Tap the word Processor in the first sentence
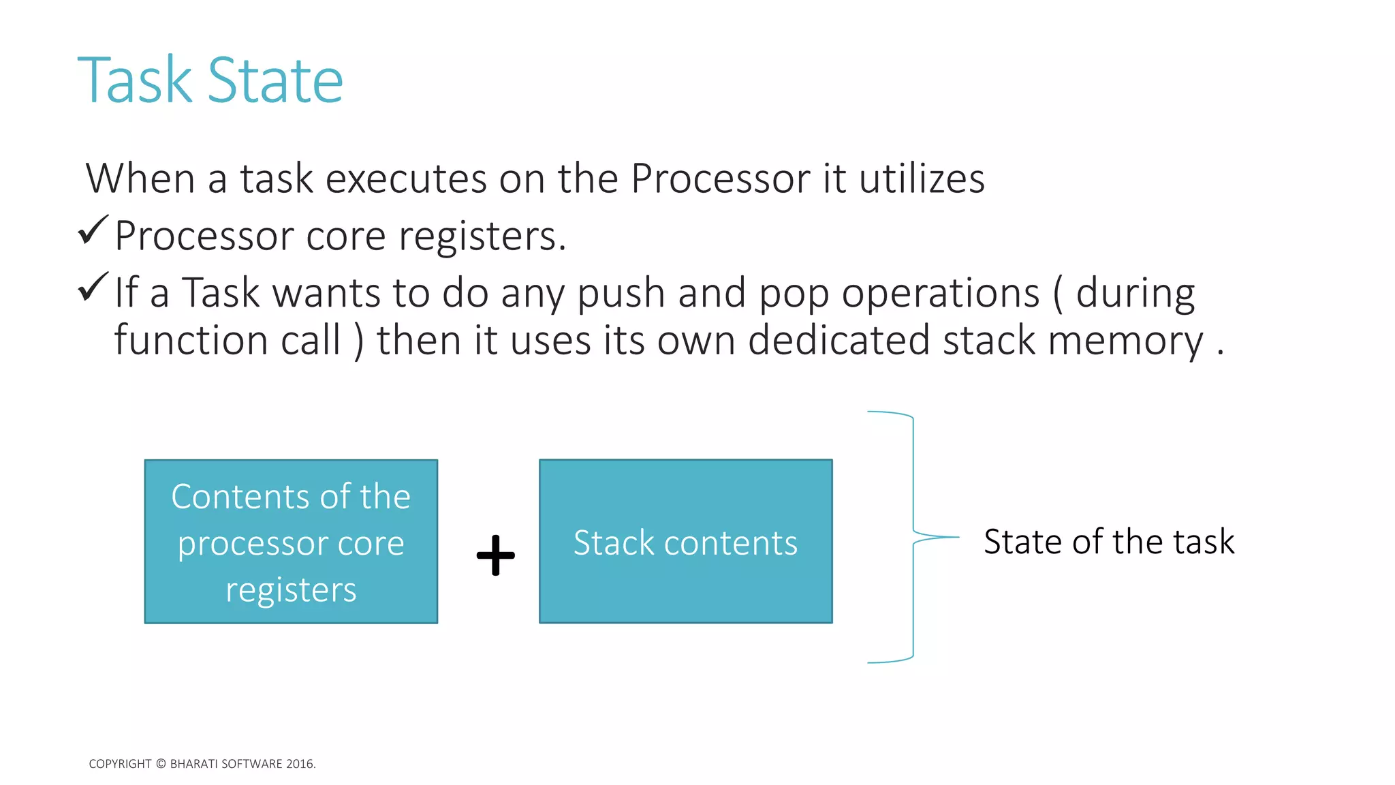pos(720,179)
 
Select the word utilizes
pos(922,179)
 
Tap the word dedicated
pos(838,340)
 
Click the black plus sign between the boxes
pos(495,555)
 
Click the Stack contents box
pos(685,579)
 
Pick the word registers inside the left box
pos(291,590)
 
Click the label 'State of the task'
pos(1108,542)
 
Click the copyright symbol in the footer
pos(161,764)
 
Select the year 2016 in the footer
pos(300,764)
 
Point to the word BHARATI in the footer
pos(194,764)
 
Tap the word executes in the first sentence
pos(405,179)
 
